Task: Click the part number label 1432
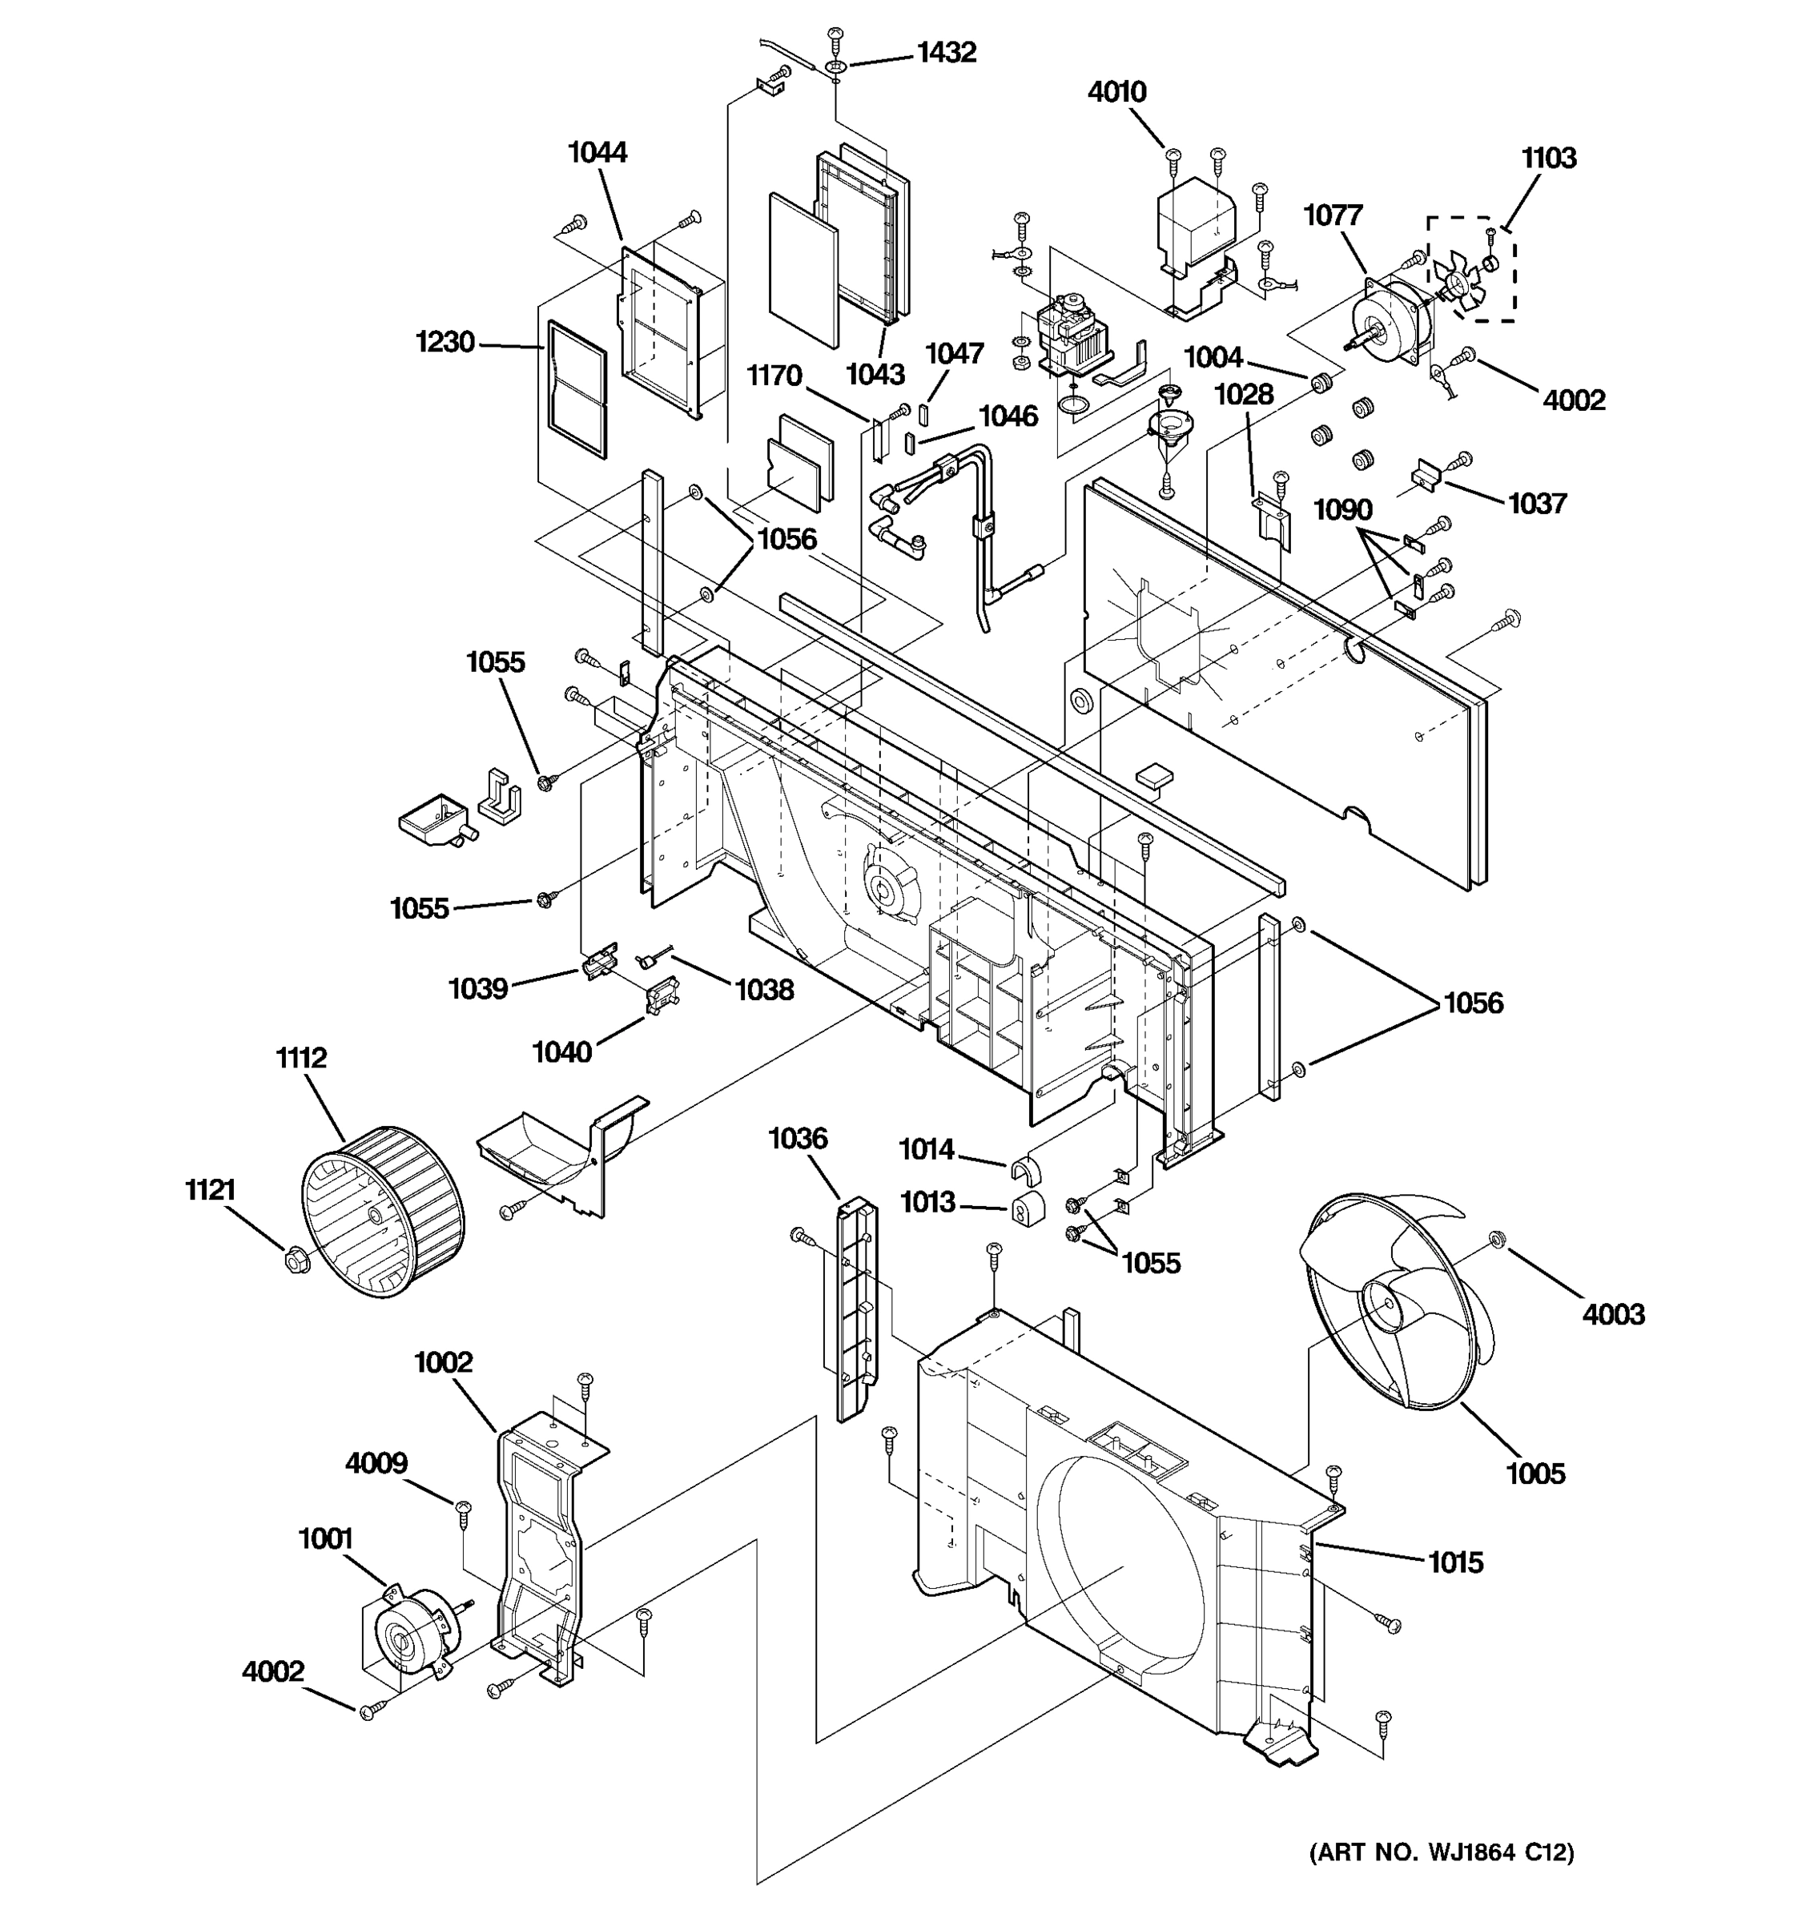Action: (946, 52)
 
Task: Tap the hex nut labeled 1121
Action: (297, 1261)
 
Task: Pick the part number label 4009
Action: (376, 1463)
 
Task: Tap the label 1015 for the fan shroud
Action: (1455, 1562)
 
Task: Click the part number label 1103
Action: (1548, 158)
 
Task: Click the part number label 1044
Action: (597, 152)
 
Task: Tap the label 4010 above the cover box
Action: (1116, 92)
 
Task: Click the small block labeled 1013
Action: (1027, 1208)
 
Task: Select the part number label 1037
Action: (1536, 503)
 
